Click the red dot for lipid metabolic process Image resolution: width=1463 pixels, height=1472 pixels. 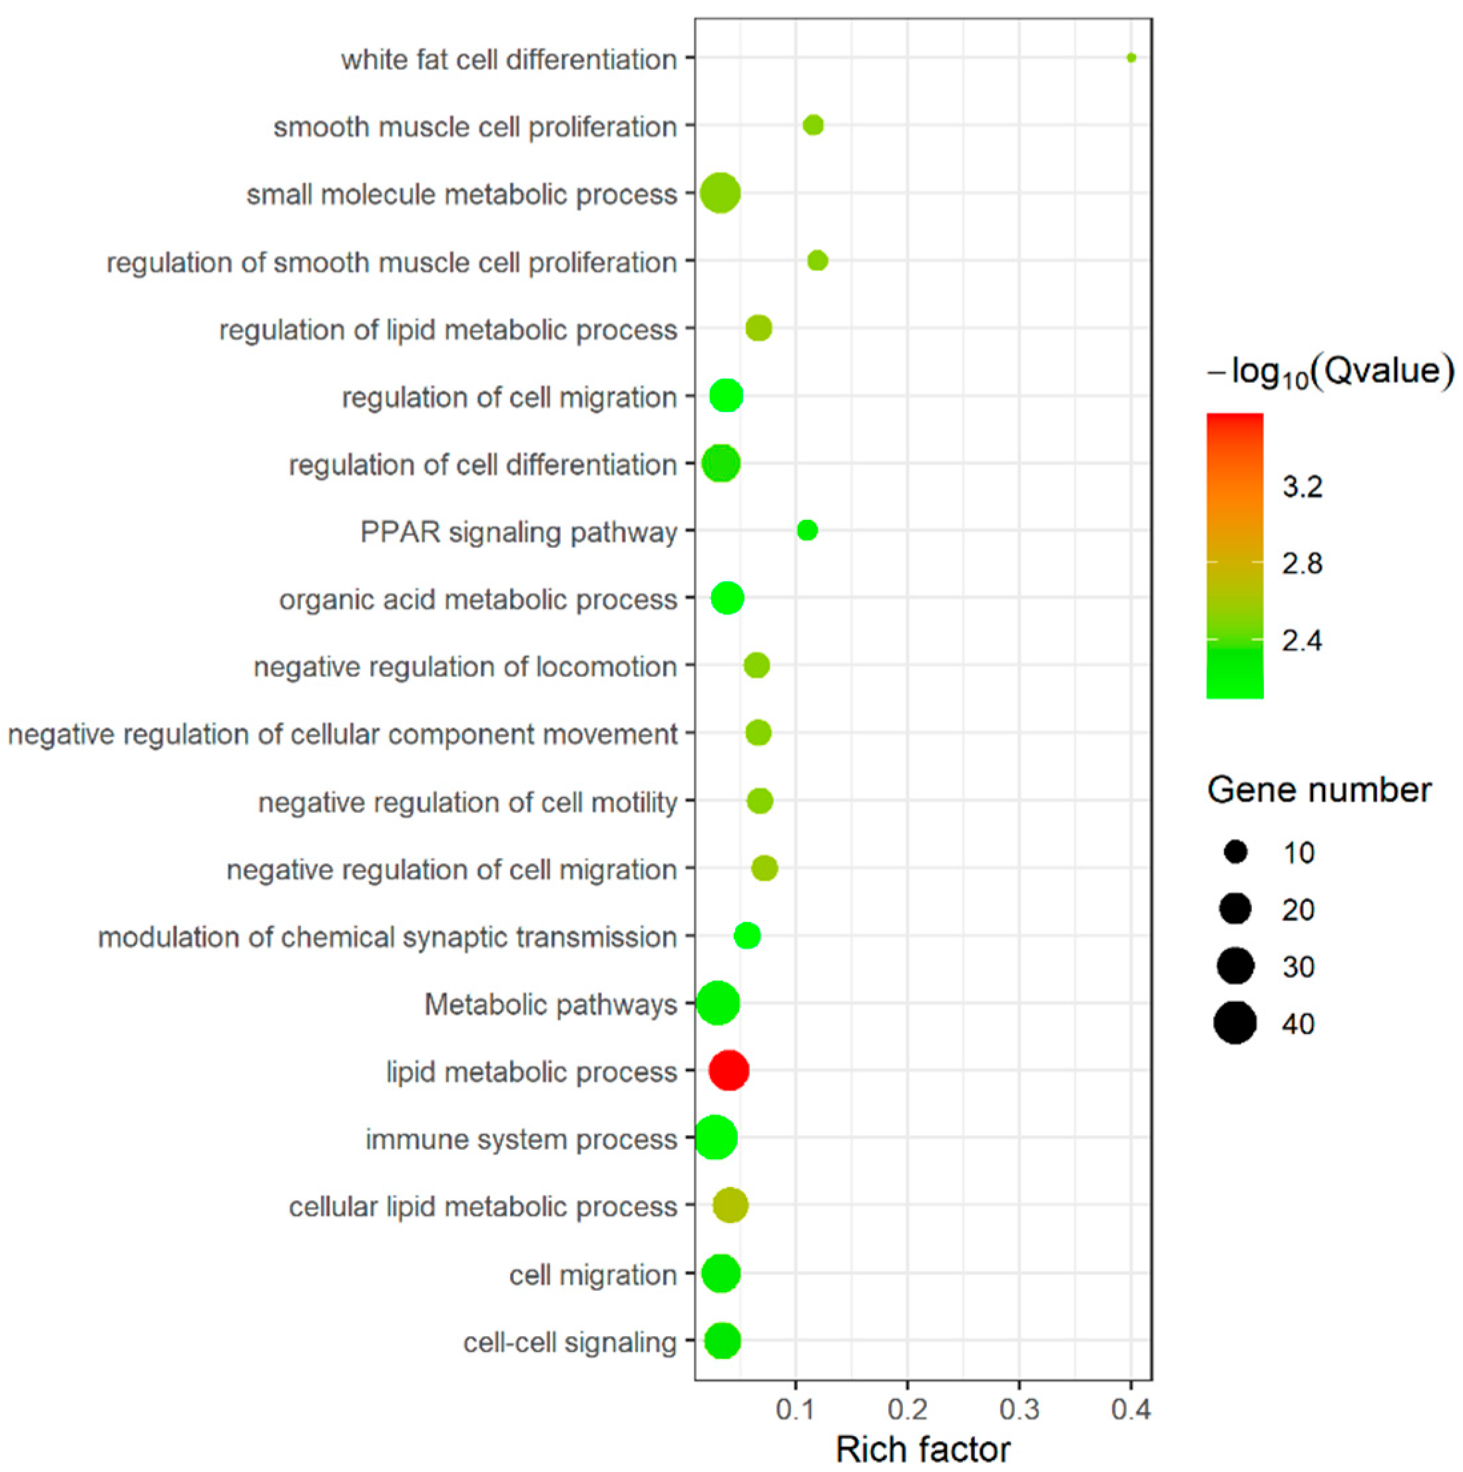729,1070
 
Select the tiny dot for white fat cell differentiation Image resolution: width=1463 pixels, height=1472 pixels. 1131,58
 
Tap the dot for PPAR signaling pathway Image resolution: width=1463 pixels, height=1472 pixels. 807,531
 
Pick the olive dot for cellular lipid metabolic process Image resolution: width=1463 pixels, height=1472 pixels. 730,1205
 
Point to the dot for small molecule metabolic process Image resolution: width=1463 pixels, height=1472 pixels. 720,194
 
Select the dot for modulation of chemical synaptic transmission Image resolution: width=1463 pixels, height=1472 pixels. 746,935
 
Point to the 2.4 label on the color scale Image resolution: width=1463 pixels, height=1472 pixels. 1303,640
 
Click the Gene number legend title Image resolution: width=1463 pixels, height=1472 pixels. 1319,790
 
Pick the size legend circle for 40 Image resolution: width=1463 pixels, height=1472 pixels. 1235,1023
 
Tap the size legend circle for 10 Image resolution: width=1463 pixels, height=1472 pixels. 1235,852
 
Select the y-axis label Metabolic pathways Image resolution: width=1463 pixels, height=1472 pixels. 550,1004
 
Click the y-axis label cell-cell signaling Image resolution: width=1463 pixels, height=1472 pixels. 569,1342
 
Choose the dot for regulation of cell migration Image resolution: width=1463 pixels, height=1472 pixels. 726,395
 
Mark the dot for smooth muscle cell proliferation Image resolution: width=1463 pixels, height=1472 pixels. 813,125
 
